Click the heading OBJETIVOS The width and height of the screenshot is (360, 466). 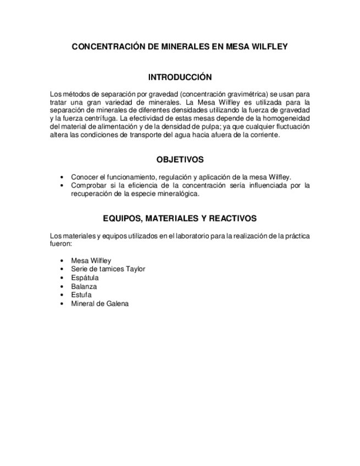click(180, 159)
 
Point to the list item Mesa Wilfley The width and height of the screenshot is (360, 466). click(91, 260)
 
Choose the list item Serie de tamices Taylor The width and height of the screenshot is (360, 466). click(108, 269)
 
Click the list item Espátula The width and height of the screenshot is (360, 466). click(85, 278)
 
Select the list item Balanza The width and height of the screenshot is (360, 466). click(84, 286)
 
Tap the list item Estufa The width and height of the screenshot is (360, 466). click(81, 295)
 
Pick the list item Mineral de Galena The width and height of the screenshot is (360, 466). click(99, 304)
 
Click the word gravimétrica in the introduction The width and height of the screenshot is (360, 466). click(240, 94)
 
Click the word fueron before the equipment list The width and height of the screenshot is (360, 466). click(60, 243)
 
